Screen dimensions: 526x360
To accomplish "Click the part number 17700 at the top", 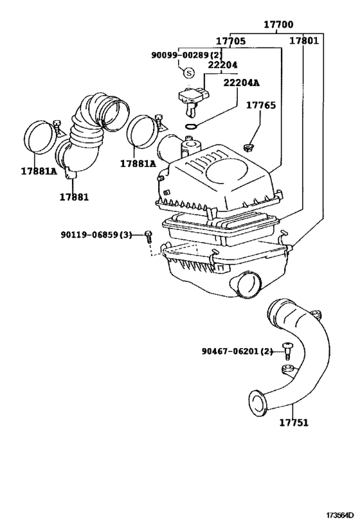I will pos(278,25).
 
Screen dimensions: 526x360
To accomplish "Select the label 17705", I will pos(230,41).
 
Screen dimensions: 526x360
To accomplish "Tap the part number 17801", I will pos(303,41).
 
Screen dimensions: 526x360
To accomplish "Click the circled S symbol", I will pos(188,72).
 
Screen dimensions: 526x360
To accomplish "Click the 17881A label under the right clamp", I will pos(138,164).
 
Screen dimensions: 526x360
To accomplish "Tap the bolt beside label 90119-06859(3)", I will pos(148,236).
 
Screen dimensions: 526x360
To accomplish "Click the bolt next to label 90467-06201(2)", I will pos(286,351).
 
